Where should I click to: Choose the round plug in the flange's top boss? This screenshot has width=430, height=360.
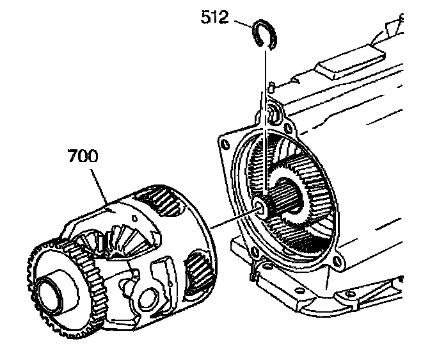[x=273, y=115]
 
